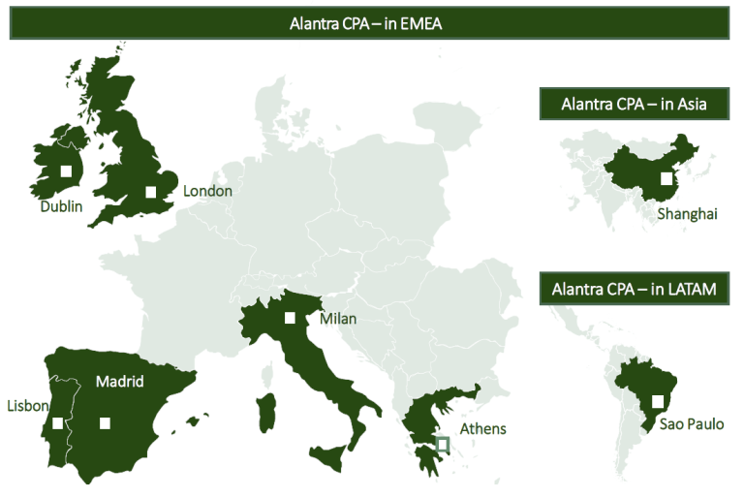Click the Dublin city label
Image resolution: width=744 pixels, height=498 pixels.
pyautogui.click(x=61, y=206)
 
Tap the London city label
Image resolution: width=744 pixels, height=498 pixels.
pyautogui.click(x=207, y=191)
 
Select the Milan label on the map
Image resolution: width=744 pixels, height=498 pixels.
pyautogui.click(x=339, y=319)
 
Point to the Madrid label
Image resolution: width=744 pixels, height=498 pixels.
pyautogui.click(x=119, y=382)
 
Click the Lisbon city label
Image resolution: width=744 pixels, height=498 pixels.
pyautogui.click(x=27, y=405)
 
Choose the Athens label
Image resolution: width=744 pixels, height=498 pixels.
pyautogui.click(x=482, y=428)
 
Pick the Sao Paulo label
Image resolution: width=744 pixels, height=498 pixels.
pyautogui.click(x=692, y=423)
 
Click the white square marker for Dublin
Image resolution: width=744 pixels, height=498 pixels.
pyautogui.click(x=66, y=171)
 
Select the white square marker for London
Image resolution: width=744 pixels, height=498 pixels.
pyautogui.click(x=150, y=192)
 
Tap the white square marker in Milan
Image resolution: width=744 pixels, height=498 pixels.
pyautogui.click(x=289, y=318)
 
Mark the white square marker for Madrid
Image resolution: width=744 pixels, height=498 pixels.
pyautogui.click(x=105, y=422)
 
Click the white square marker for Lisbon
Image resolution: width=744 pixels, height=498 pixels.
pyautogui.click(x=58, y=422)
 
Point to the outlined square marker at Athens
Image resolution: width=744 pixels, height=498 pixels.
pyautogui.click(x=443, y=444)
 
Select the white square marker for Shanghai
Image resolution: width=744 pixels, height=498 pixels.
pyautogui.click(x=666, y=178)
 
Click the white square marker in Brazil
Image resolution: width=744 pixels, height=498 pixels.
pyautogui.click(x=658, y=401)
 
